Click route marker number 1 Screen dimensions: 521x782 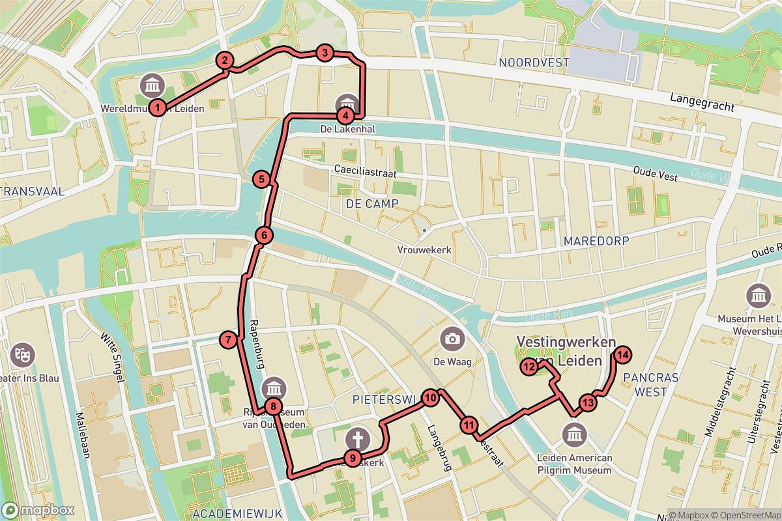[157, 107]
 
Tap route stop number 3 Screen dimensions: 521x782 [325, 53]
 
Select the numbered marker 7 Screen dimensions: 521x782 [227, 339]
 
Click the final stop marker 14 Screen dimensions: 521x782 [622, 355]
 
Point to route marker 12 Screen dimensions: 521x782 [529, 368]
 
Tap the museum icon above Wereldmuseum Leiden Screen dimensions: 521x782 [153, 85]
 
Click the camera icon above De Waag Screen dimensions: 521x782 [451, 338]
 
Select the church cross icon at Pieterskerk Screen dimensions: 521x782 [357, 437]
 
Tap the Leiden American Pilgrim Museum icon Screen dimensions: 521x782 [574, 433]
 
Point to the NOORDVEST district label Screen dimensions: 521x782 [533, 63]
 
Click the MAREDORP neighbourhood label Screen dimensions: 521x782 [596, 241]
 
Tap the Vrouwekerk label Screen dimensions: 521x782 [424, 250]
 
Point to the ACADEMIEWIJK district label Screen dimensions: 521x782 [237, 514]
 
